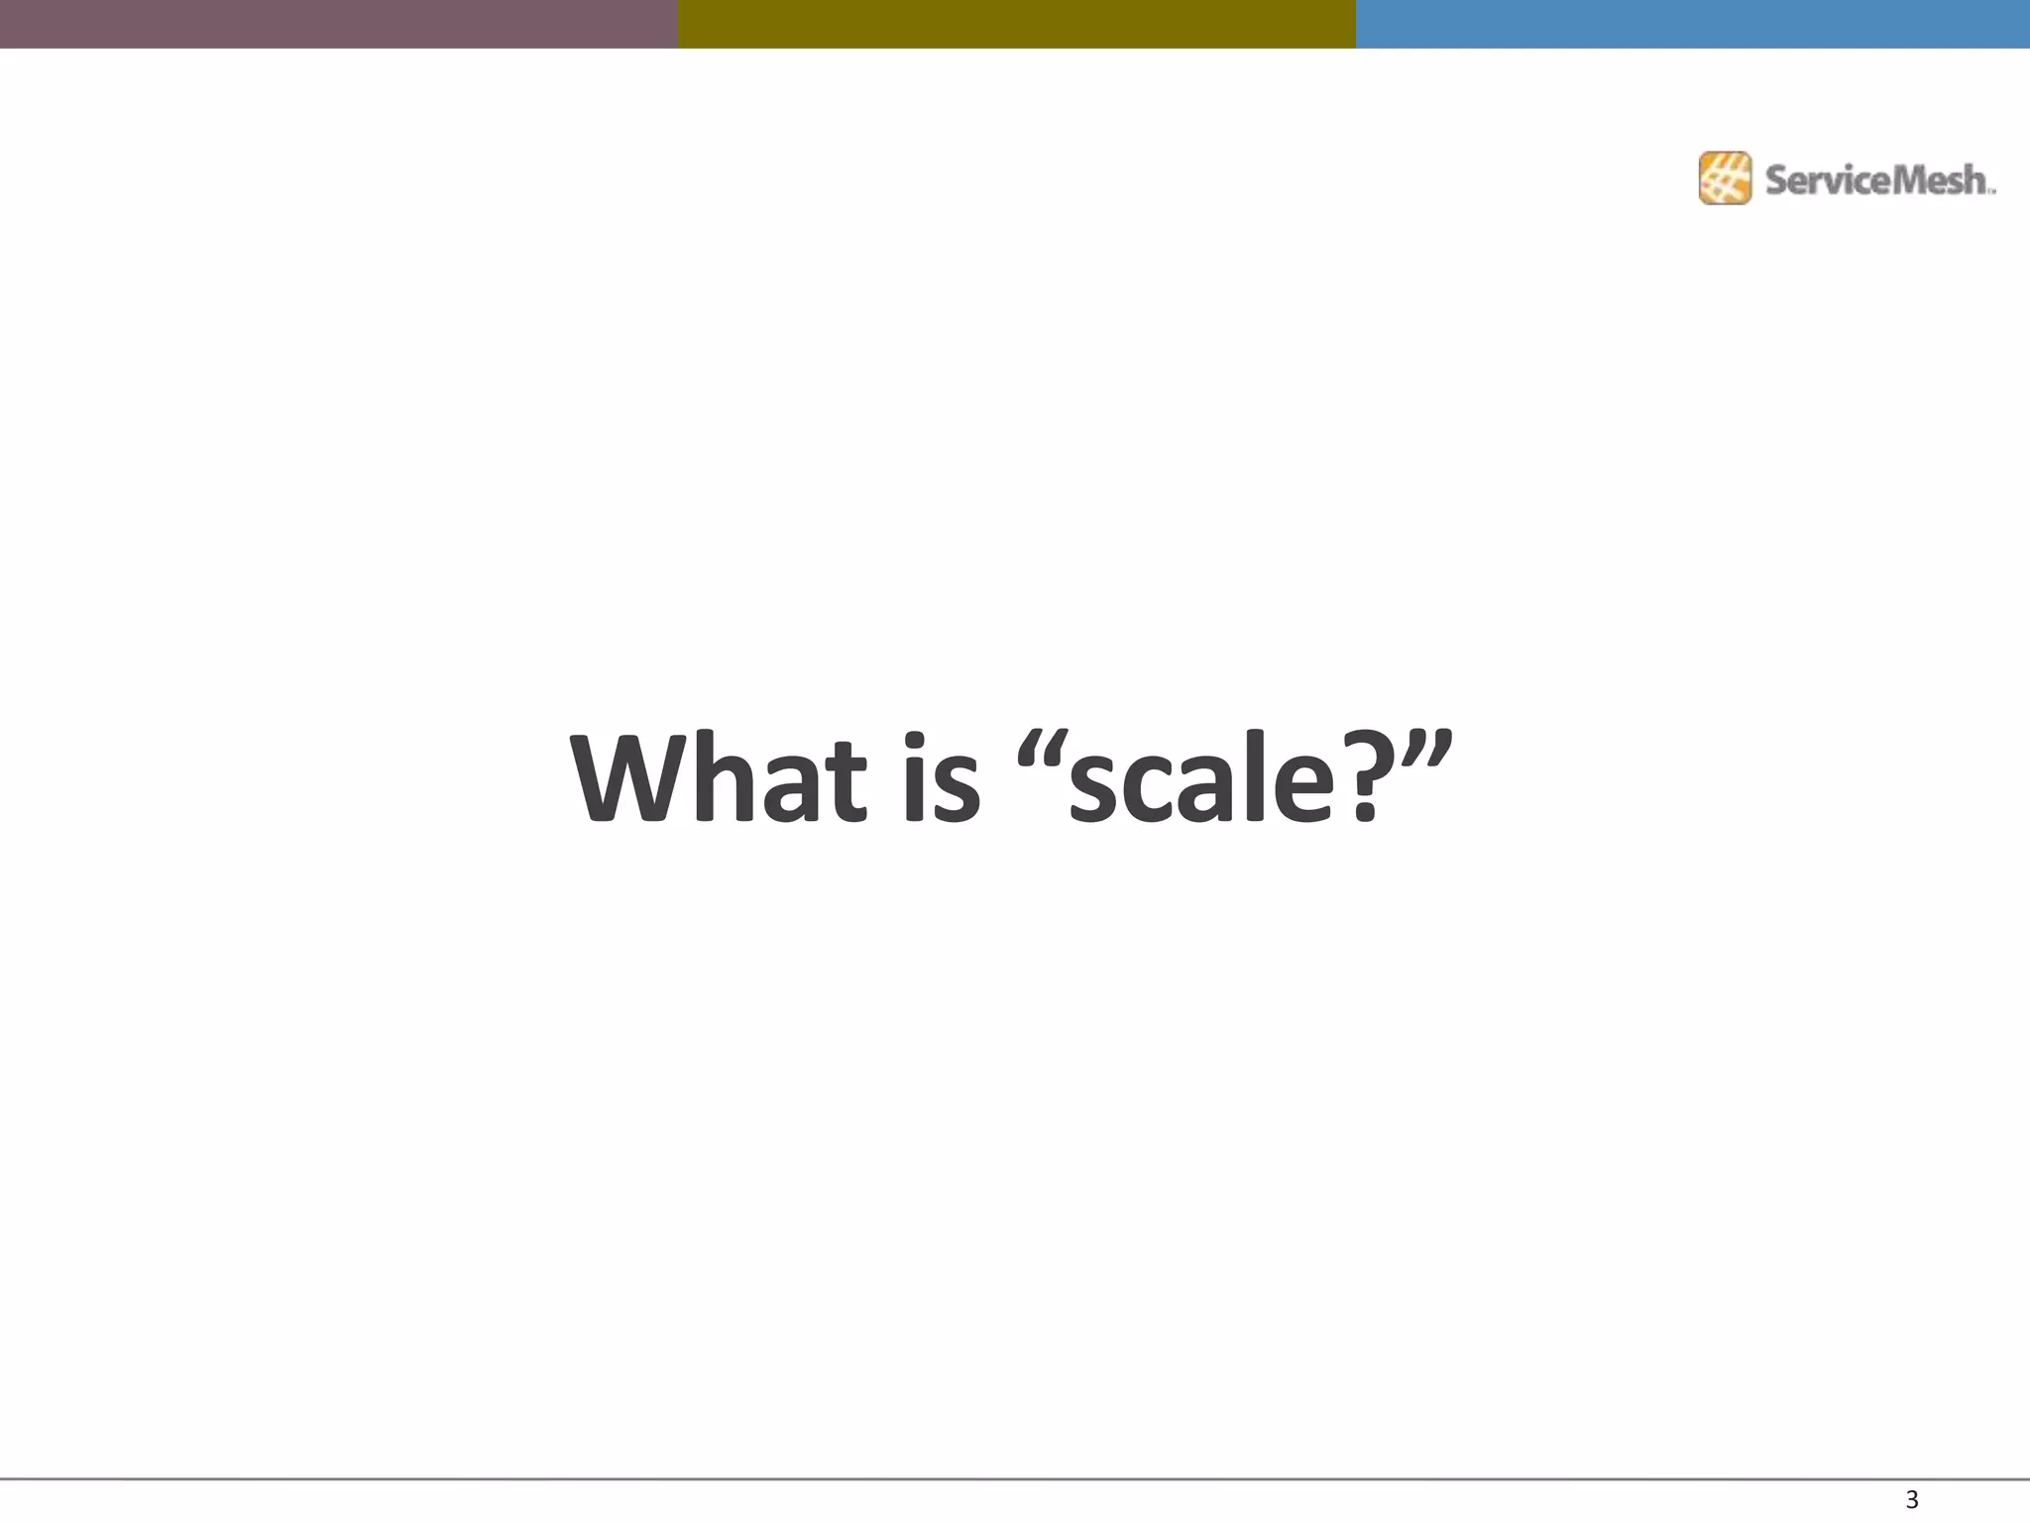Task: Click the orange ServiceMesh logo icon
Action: pyautogui.click(x=1725, y=178)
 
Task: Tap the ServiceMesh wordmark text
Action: pyautogui.click(x=1878, y=180)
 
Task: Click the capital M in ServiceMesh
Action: pyautogui.click(x=1895, y=180)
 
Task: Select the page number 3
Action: pyautogui.click(x=1912, y=1499)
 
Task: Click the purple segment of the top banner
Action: pyautogui.click(x=339, y=24)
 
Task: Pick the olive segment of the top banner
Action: pyautogui.click(x=1017, y=24)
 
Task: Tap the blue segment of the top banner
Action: pyautogui.click(x=1693, y=24)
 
